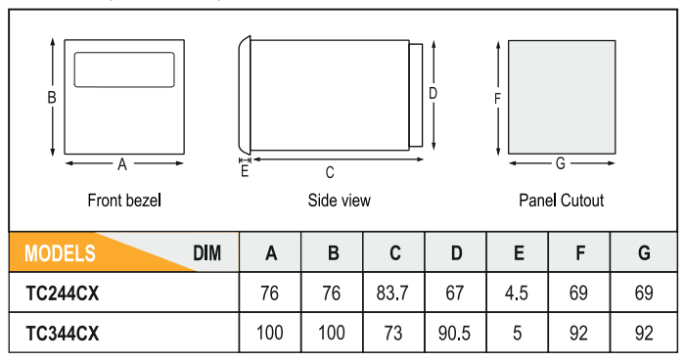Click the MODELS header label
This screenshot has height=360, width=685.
[x=60, y=253]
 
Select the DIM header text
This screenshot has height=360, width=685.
[x=207, y=253]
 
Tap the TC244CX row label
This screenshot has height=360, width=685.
[x=63, y=293]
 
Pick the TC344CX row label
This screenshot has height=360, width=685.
[x=63, y=334]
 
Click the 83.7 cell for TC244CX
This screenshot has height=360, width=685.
[x=392, y=293]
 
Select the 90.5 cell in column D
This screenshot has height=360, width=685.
[x=454, y=334]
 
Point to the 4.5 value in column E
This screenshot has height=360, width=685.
[x=517, y=293]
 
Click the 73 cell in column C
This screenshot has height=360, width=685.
[x=392, y=334]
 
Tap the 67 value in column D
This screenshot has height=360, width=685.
[x=454, y=293]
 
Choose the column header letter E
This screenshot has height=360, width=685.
[x=519, y=253]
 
